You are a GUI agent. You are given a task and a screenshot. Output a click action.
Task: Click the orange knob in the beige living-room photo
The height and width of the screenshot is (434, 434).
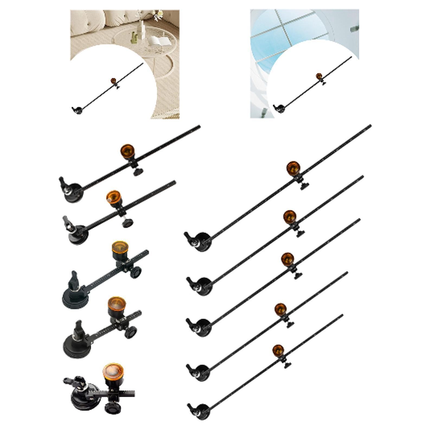tap(113, 81)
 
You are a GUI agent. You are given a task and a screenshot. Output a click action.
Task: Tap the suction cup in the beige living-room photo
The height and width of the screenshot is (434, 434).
tap(78, 110)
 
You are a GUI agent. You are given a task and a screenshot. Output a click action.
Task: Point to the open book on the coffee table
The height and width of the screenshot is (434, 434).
tap(157, 40)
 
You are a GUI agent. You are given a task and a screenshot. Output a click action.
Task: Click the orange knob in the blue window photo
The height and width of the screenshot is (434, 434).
tap(319, 76)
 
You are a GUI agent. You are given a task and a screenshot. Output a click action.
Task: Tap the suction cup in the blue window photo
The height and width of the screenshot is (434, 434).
tap(280, 109)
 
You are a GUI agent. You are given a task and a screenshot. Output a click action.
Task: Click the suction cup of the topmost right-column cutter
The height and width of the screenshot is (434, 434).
tap(202, 242)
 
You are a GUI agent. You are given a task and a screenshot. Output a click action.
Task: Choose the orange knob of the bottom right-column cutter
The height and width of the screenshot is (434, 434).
tap(278, 351)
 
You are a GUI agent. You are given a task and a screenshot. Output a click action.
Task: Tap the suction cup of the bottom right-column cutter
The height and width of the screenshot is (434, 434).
tap(202, 412)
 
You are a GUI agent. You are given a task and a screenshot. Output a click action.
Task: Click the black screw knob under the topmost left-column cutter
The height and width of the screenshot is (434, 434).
tap(138, 172)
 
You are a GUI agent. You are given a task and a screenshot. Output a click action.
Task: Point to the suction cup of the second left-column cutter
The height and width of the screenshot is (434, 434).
tap(77, 235)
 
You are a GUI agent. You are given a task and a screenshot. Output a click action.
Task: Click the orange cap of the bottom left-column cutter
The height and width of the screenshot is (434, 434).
tap(113, 371)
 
